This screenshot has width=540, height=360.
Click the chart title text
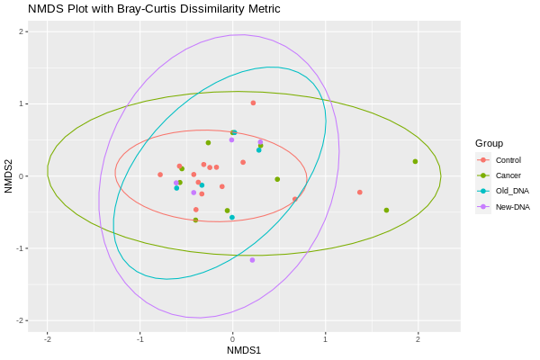coord(154,9)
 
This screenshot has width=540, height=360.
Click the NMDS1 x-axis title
coord(244,350)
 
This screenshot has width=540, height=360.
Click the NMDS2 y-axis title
coord(8,176)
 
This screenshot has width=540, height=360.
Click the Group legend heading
coord(489,143)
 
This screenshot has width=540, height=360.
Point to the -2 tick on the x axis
coord(47,339)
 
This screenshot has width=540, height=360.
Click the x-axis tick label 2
coord(418,339)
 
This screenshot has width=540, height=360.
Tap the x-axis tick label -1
coord(139,339)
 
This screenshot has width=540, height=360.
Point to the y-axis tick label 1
coord(22,103)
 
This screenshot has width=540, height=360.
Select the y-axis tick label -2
coord(20,320)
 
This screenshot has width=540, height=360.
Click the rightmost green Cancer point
coord(415,162)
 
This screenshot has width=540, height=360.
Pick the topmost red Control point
coord(253,103)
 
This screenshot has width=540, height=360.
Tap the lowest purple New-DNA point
coord(252,260)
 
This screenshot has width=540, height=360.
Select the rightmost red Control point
coord(359,193)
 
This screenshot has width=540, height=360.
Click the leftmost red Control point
coord(160,175)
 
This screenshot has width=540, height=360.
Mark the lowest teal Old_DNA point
coord(232,218)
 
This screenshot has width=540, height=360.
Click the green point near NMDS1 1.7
coord(386,210)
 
